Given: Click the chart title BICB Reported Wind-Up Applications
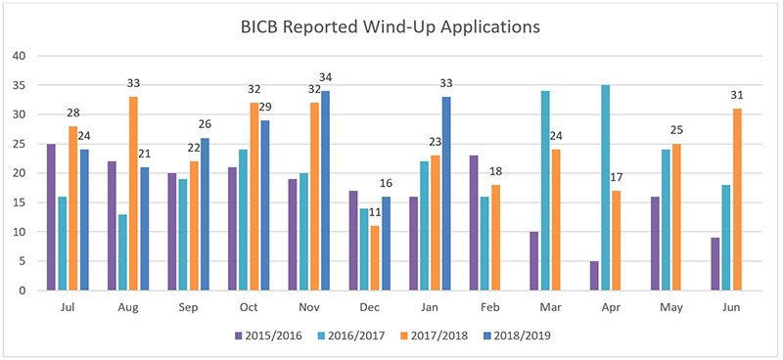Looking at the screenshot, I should [x=391, y=27].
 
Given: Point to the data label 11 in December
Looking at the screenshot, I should [x=375, y=214].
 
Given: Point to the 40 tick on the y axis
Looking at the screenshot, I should [x=18, y=56].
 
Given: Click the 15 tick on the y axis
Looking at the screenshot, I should [x=18, y=202].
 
